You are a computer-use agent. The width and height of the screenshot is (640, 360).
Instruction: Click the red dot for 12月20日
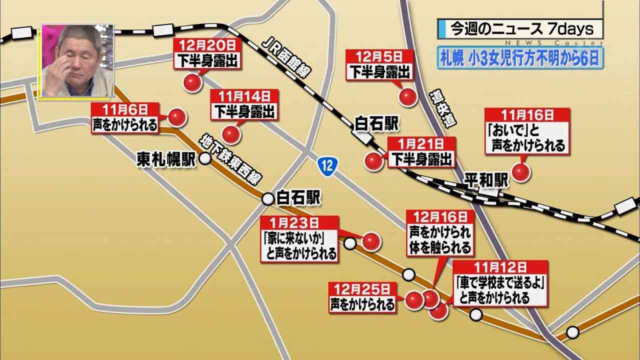point(191,83)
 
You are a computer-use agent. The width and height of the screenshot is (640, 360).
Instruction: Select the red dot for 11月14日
point(231,134)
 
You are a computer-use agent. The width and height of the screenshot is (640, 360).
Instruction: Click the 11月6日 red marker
point(176,117)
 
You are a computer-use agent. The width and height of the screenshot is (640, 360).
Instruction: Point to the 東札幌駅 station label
point(166,159)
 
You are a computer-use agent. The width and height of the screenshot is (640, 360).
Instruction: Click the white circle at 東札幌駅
point(205,159)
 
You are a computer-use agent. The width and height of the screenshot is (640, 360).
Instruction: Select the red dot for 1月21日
point(373,161)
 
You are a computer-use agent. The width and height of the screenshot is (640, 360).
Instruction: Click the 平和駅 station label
point(485,180)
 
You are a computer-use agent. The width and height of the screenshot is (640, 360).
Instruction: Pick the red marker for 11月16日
point(521,173)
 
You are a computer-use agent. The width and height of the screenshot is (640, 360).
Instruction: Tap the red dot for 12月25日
point(414,300)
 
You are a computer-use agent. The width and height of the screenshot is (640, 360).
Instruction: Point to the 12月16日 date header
point(440,217)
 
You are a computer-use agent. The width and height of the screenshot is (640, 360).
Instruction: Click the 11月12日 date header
point(501,267)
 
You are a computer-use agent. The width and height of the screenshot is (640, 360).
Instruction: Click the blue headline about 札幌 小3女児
point(520,58)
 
